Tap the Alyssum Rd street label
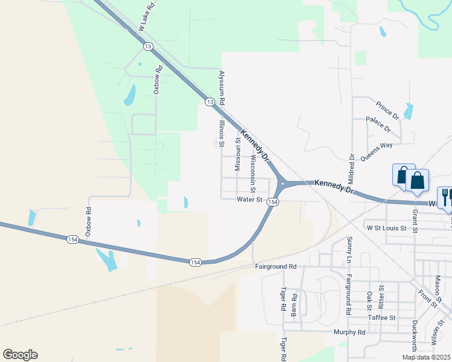221,86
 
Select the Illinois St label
222,133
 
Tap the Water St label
250,199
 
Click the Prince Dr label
387,110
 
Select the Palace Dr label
379,125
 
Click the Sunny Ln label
349,249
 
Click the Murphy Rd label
350,332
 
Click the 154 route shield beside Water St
273,202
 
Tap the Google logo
20,355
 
